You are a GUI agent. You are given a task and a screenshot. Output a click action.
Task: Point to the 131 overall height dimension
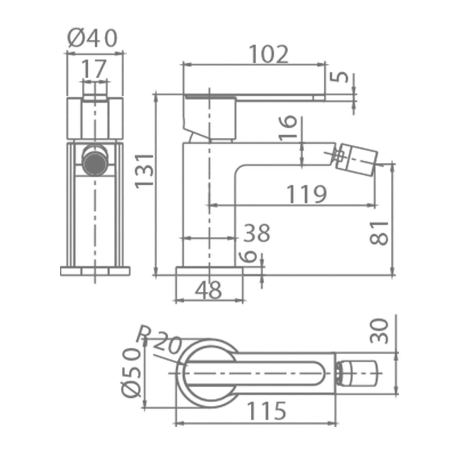tap(144, 170)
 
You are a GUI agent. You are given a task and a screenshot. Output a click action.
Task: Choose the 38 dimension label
tap(257, 233)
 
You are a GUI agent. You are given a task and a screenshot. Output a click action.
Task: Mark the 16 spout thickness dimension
tap(288, 129)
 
